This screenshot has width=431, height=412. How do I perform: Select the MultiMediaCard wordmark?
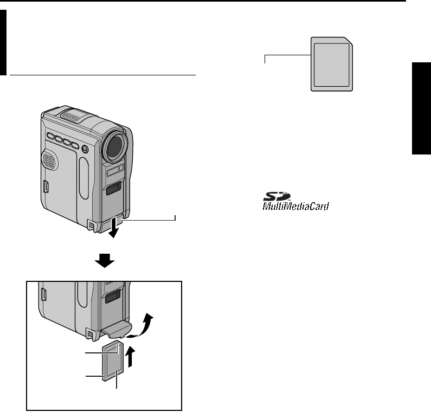tap(297, 207)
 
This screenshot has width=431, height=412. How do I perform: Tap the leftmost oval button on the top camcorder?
tap(51, 137)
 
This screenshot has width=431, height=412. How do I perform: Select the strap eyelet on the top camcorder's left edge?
tap(47, 187)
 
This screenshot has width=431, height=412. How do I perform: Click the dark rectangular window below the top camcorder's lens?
tap(113, 188)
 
